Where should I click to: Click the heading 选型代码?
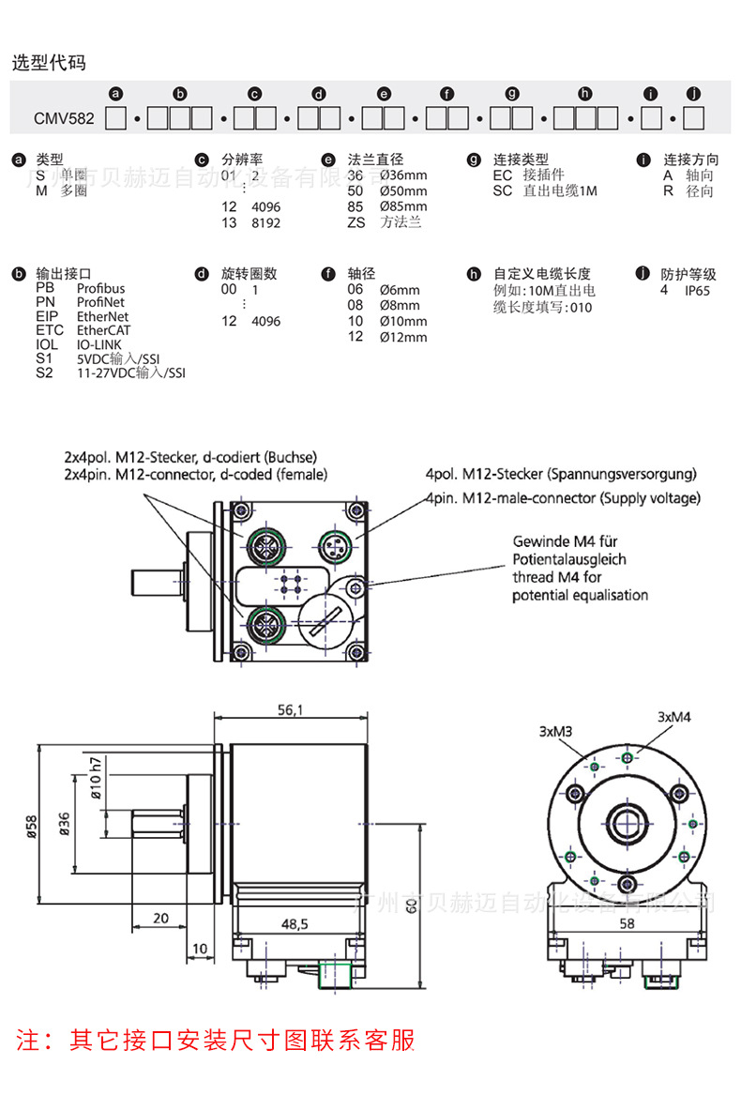click(49, 64)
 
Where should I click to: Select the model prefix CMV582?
click(64, 119)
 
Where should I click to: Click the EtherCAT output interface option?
click(103, 330)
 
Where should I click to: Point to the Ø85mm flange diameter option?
click(403, 206)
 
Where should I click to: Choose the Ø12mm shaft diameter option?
click(403, 337)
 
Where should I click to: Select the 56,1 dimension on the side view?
click(290, 711)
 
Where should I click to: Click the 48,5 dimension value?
click(294, 924)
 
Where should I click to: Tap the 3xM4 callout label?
click(673, 717)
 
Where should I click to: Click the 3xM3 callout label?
click(556, 731)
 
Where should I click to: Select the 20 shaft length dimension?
click(160, 918)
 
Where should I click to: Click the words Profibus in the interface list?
click(100, 289)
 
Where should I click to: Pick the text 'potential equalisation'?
click(580, 595)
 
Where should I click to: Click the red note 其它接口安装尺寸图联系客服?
click(216, 1040)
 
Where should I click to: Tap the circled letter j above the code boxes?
click(693, 94)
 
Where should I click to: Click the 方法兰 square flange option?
click(401, 222)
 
